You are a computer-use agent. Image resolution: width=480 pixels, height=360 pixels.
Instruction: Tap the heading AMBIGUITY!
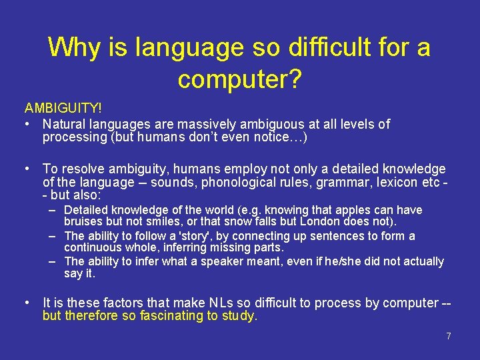pos(63,107)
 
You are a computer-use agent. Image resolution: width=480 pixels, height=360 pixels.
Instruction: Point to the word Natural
pos(65,124)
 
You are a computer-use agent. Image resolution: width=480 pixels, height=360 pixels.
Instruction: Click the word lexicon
pos(386,182)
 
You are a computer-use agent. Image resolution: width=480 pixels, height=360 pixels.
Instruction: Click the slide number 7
pos(449,336)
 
